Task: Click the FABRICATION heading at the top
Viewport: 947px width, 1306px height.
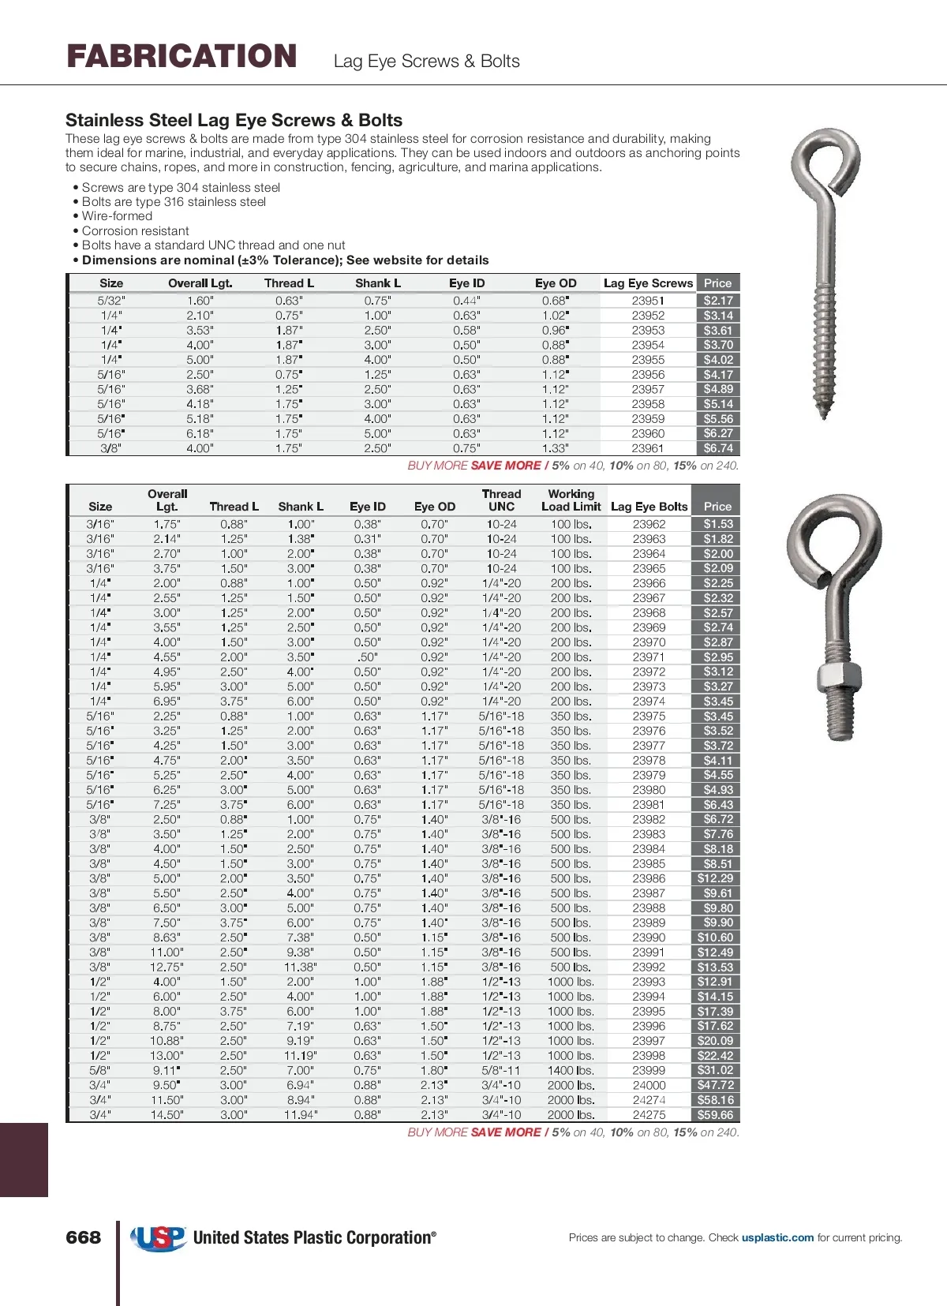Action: pos(182,56)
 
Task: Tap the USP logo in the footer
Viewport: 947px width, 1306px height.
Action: pos(159,1237)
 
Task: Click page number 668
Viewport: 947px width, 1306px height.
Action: pos(84,1237)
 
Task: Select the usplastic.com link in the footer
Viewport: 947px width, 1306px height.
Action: pos(777,1237)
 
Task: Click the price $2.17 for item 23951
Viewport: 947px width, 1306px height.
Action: pos(718,301)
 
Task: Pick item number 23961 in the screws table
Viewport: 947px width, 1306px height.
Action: pos(648,448)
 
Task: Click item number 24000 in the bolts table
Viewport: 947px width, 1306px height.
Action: pos(649,1085)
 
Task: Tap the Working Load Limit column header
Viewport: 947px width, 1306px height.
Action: pos(571,500)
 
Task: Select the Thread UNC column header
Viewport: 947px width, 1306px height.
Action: pos(501,500)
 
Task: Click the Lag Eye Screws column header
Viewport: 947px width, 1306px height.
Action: pos(648,283)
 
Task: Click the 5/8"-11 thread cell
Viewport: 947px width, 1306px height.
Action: pos(501,1071)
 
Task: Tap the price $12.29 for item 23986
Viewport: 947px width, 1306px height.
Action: pos(716,878)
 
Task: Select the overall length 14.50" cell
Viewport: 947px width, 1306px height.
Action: pos(167,1115)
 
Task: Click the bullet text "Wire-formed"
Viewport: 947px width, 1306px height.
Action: pos(117,216)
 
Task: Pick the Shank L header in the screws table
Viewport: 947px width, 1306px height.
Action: pos(378,283)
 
